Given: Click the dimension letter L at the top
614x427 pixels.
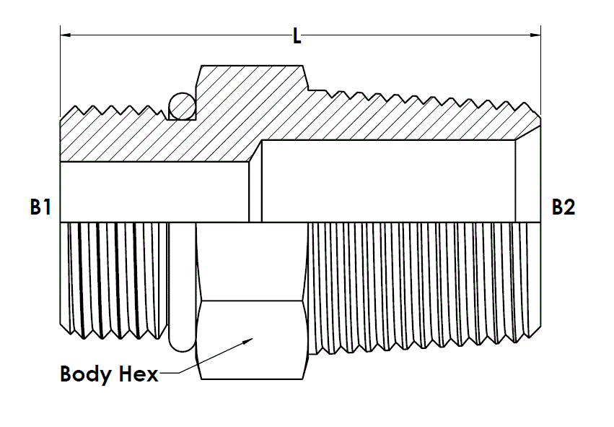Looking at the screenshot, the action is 297,36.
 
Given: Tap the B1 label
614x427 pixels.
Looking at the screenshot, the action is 40,207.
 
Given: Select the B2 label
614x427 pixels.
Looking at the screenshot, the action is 563,207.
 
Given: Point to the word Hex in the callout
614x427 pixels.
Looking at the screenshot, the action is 139,374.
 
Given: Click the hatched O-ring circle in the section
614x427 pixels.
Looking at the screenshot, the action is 183,106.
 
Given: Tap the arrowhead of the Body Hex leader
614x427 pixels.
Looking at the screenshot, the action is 248,340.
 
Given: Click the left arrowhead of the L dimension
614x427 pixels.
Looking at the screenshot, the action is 66,35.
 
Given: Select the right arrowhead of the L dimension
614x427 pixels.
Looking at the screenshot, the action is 535,35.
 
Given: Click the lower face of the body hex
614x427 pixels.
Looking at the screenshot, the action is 252,340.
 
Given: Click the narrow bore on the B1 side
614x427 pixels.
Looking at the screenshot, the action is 154,191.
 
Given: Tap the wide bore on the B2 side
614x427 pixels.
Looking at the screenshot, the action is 388,181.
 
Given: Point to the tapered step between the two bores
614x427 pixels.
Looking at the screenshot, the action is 255,181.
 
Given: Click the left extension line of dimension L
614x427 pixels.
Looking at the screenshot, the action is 61,71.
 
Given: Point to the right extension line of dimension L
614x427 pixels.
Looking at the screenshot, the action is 541,71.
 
